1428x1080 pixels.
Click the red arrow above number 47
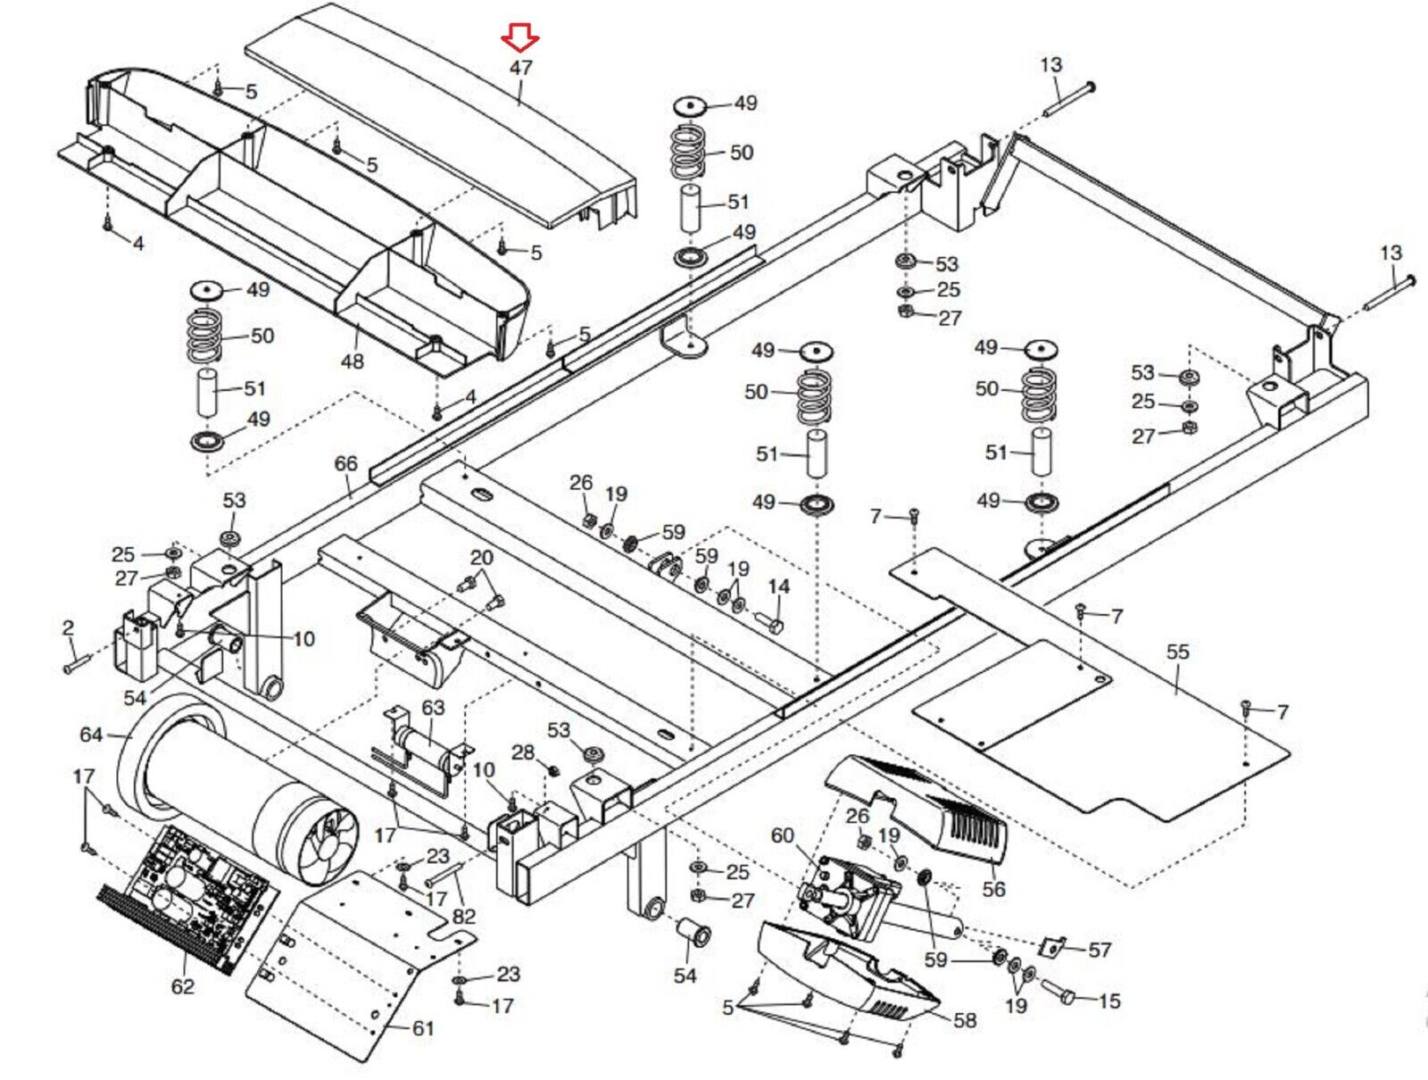(519, 38)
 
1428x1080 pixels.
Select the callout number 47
(521, 68)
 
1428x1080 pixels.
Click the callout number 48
(353, 361)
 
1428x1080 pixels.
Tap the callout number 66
(345, 464)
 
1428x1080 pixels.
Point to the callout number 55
(1178, 652)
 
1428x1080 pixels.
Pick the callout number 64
(91, 735)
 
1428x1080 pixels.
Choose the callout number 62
(182, 986)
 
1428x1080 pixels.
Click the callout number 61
(423, 1028)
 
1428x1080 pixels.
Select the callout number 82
(464, 916)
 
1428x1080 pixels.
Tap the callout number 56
(993, 889)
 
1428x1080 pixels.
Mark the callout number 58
(965, 1020)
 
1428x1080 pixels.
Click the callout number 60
(782, 835)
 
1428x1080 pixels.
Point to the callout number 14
(779, 586)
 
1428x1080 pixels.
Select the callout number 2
(68, 628)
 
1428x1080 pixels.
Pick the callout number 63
(433, 708)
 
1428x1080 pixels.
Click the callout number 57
(1100, 951)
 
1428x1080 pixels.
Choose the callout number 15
(1109, 1001)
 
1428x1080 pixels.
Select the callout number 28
(523, 752)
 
